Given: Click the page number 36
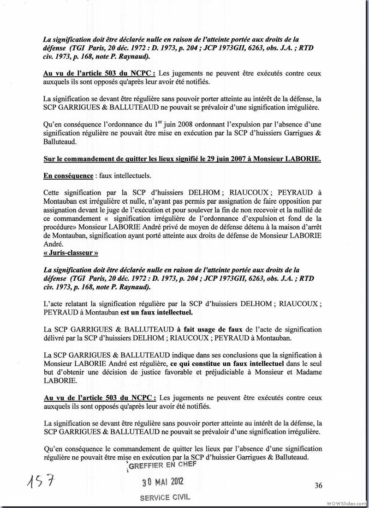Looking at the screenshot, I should tap(318, 485).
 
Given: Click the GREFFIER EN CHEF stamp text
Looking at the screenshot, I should tap(162, 465).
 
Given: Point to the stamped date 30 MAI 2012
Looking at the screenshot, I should tap(163, 482).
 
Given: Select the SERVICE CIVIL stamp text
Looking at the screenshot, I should tap(164, 497).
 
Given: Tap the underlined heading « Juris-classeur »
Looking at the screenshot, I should tap(71, 253).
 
